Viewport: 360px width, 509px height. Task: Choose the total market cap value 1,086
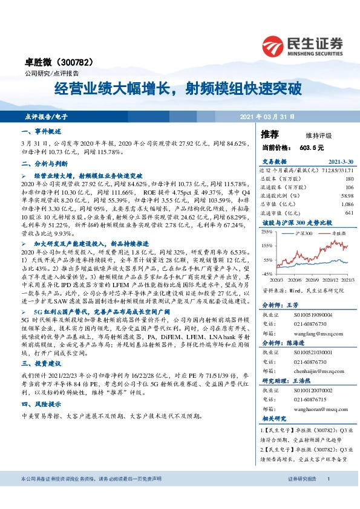[347, 204]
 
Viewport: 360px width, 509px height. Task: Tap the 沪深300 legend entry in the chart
[303, 232]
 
